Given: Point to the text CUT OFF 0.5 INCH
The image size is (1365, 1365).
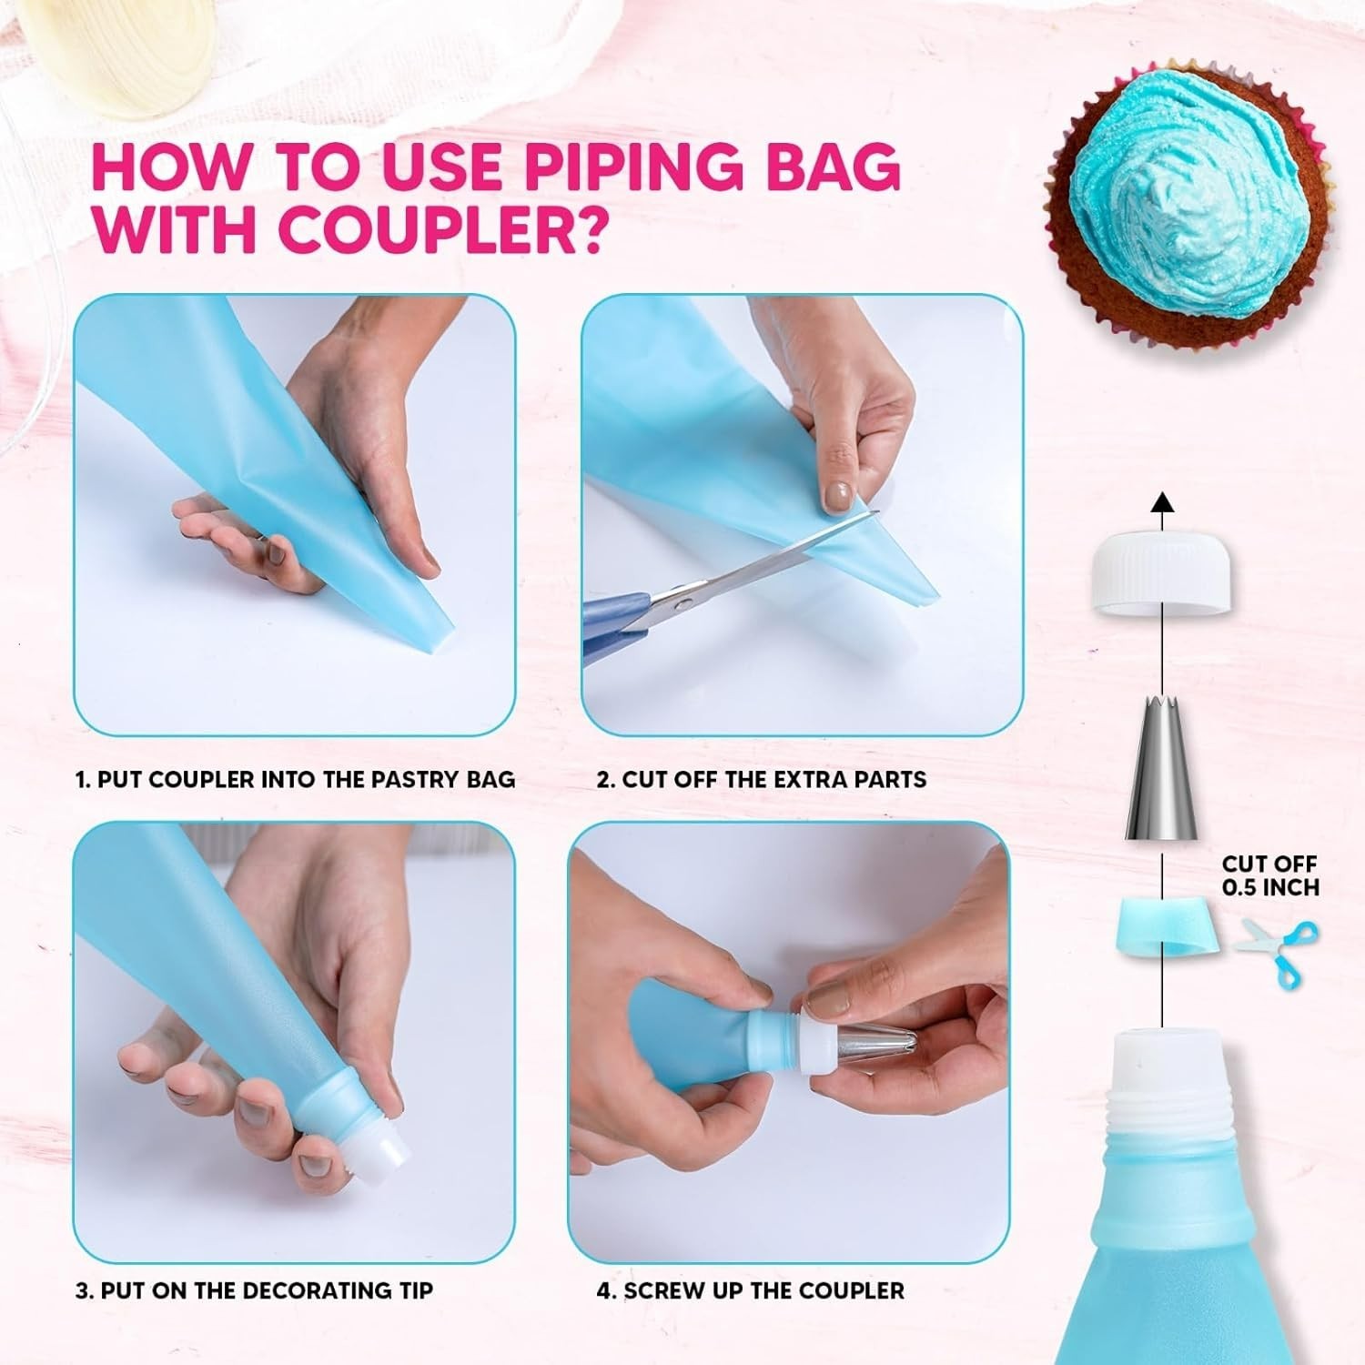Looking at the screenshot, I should pos(1269,875).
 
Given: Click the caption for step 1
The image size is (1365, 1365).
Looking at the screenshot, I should pos(295,779).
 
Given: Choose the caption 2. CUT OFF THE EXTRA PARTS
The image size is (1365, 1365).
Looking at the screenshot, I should pos(761,779).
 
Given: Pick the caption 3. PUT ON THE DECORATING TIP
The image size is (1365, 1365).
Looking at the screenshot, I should pos(254,1289).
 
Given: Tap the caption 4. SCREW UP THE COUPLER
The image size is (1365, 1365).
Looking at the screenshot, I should pos(750,1289).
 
